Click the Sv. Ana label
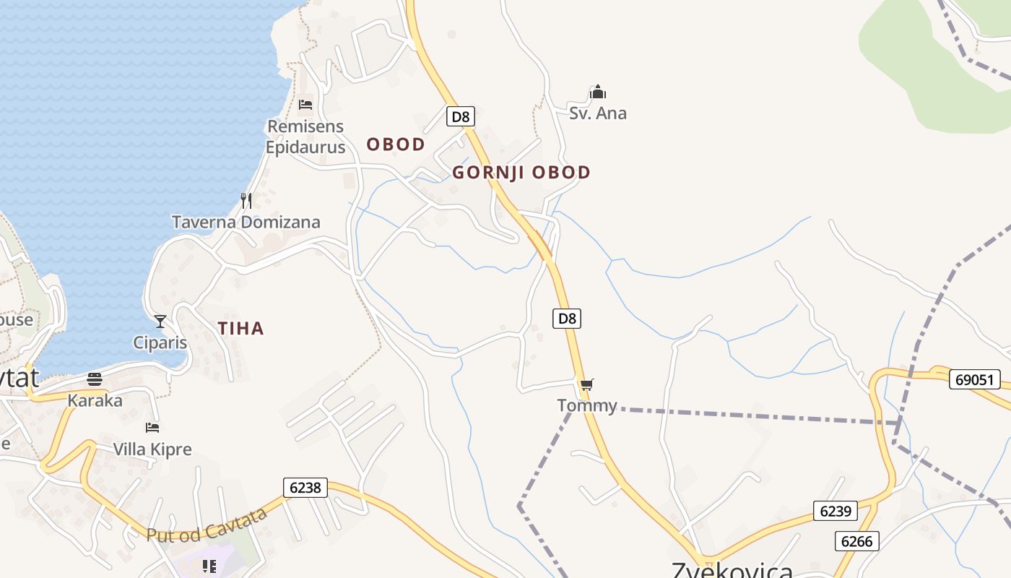(598, 113)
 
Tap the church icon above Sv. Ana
(598, 92)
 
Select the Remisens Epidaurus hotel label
(305, 137)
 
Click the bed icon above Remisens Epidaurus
(305, 105)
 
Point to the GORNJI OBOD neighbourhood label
(521, 173)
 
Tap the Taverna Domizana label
(246, 222)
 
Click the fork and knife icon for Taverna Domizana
(246, 200)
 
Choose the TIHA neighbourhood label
(241, 329)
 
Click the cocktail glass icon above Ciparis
(160, 322)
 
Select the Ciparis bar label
(160, 342)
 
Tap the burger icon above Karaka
(95, 379)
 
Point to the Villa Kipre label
(152, 449)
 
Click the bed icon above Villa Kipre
(152, 428)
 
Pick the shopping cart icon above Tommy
(586, 384)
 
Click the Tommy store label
(587, 405)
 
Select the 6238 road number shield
(305, 488)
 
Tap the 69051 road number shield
(975, 379)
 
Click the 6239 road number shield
(836, 511)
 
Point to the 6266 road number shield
(857, 540)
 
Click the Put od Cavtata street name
(207, 525)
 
